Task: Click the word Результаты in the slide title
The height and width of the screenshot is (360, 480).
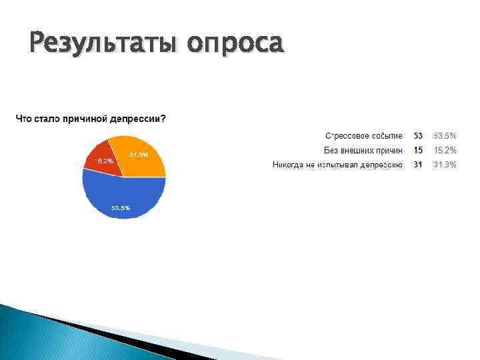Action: [104, 43]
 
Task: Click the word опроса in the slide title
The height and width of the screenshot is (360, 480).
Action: [235, 45]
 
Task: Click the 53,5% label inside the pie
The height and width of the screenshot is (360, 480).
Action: [121, 208]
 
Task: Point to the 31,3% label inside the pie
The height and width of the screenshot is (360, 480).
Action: [139, 155]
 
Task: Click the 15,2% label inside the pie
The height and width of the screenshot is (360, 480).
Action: [104, 161]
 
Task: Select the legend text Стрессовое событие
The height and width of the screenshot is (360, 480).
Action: [363, 135]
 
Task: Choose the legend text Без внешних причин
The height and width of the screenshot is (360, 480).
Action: [363, 150]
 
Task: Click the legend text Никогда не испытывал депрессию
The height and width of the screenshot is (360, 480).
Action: [337, 165]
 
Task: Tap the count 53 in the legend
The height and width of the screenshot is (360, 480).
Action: [418, 135]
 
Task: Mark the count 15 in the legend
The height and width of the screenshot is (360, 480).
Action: [418, 150]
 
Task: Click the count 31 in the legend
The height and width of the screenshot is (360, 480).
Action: [418, 165]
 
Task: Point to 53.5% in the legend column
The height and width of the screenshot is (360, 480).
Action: [445, 135]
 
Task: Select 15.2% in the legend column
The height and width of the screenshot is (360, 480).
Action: [445, 150]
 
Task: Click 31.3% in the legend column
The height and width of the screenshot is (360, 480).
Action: [445, 165]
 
